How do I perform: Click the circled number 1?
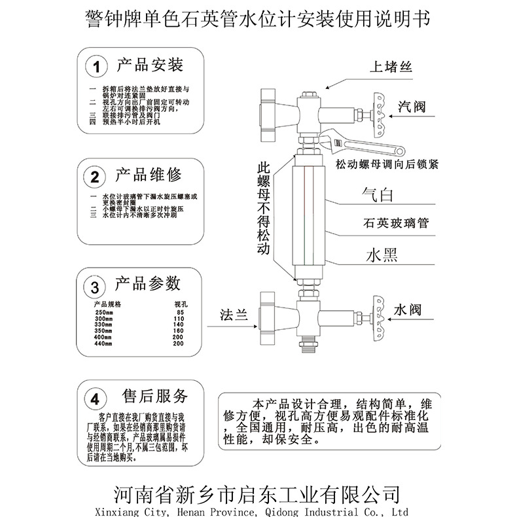97,67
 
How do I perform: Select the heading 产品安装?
149,65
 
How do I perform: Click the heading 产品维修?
149,175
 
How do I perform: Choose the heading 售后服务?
156,396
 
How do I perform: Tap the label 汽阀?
412,107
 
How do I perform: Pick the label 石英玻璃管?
395,223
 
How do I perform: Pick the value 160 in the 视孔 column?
179,331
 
